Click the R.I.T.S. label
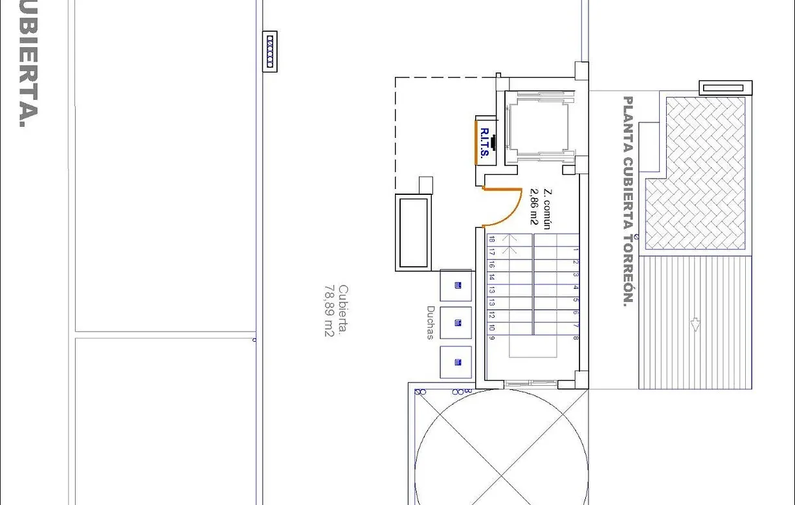(484, 143)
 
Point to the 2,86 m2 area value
(535, 206)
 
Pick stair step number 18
(492, 240)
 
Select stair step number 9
(492, 339)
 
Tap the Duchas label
(431, 322)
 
